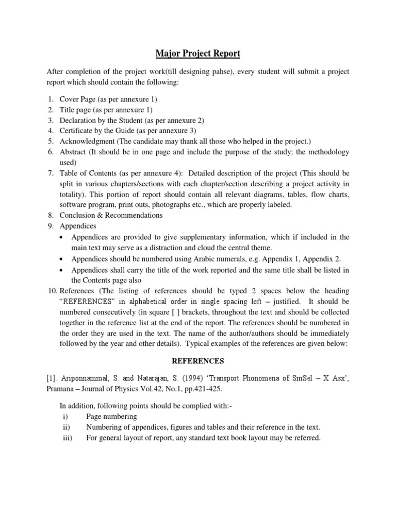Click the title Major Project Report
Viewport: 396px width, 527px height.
pos(198,54)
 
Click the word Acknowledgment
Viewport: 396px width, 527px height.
pos(87,142)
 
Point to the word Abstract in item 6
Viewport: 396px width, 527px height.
pos(73,152)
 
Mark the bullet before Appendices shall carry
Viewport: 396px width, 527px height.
pos(62,270)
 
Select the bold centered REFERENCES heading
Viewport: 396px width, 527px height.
pos(198,361)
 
